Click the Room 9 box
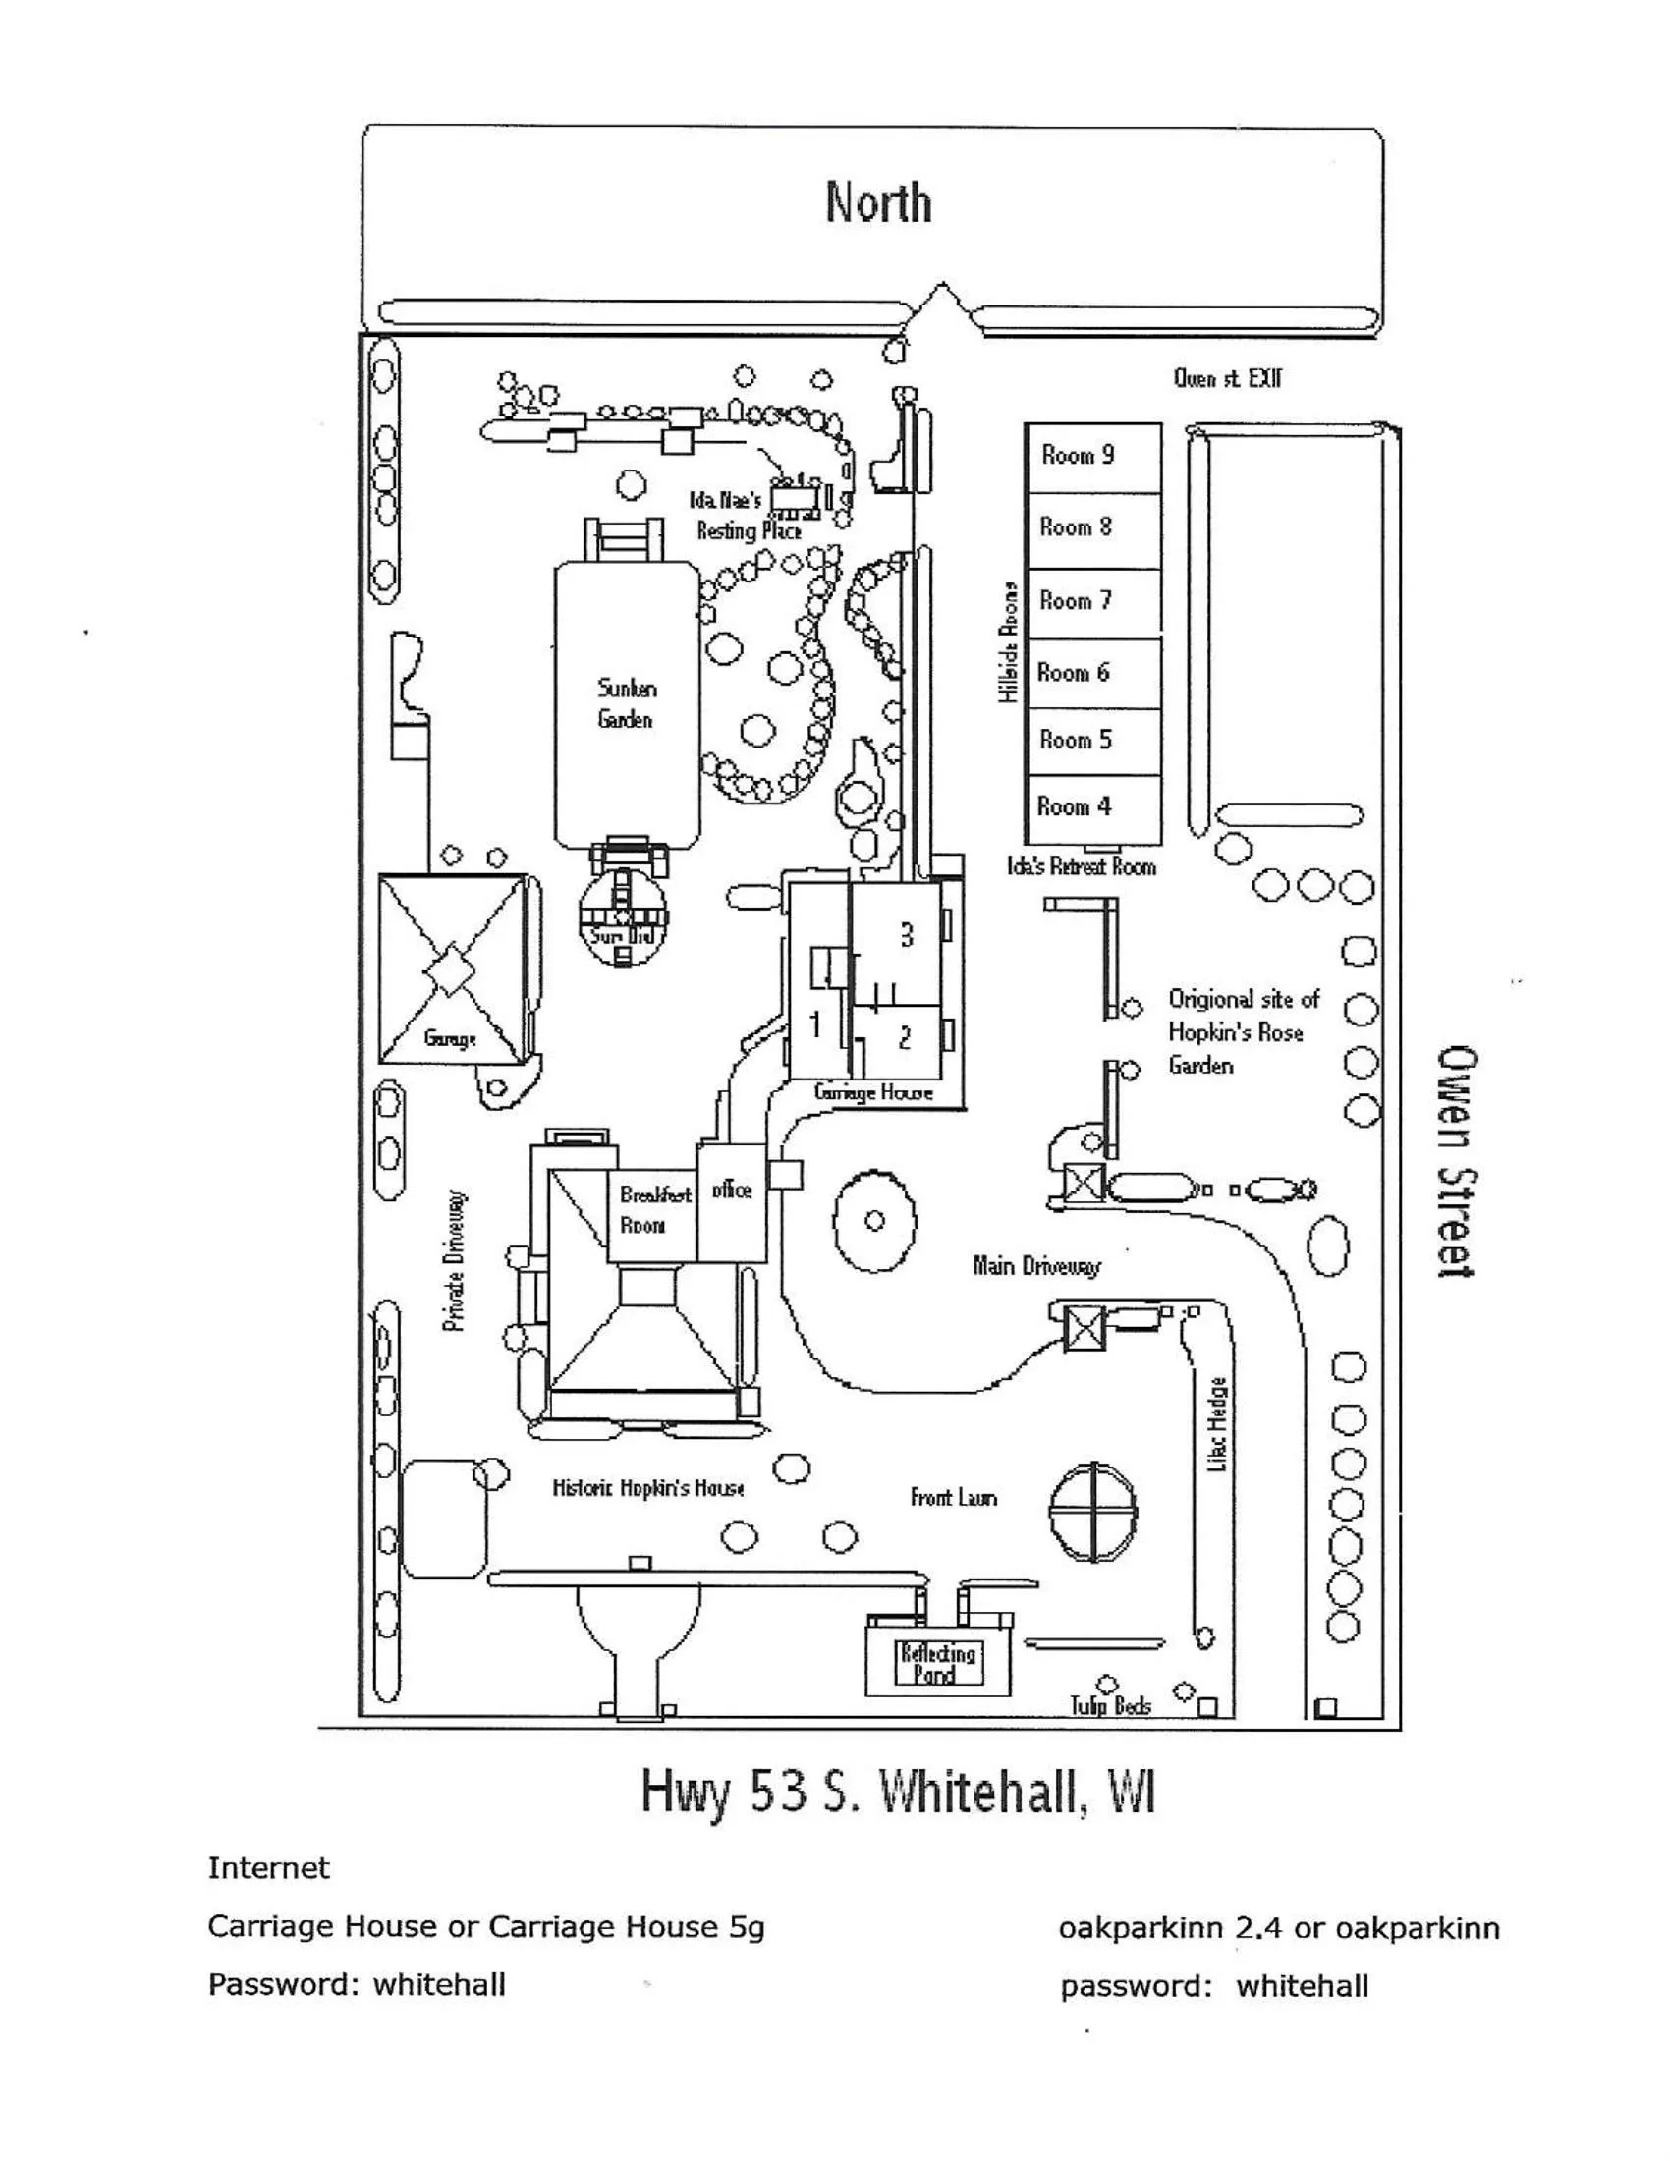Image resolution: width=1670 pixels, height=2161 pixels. tap(1091, 456)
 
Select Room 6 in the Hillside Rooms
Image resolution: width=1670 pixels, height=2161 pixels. tap(1091, 673)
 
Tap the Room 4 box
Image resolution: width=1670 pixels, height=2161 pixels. tap(1091, 807)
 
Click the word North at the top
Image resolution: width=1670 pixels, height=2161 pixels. tap(878, 203)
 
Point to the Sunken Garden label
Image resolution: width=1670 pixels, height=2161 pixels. tap(627, 703)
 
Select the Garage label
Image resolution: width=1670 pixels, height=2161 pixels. tap(450, 1039)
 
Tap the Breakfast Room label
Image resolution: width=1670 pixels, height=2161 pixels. tap(654, 1209)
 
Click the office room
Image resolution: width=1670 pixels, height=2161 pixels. tap(732, 1191)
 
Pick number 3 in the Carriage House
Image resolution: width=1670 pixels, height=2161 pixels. tap(907, 935)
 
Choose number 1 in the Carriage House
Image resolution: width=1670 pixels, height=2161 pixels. tap(816, 1025)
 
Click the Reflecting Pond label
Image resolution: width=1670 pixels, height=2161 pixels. tap(937, 1663)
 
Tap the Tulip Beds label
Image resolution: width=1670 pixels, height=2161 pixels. tap(1110, 1705)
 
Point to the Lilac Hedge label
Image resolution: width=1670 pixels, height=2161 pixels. tap(1219, 1425)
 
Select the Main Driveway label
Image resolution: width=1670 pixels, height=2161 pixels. tap(1035, 1265)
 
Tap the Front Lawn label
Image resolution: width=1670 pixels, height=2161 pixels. tap(953, 1497)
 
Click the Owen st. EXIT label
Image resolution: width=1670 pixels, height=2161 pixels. tap(1227, 378)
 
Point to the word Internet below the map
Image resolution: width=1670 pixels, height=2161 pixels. tap(268, 1868)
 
